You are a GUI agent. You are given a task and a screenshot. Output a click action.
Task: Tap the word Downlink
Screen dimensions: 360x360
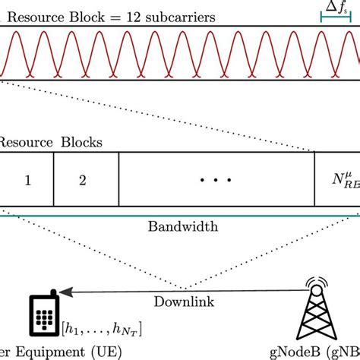pos(183,301)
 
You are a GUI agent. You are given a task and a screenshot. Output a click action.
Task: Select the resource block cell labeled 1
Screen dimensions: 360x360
pos(27,181)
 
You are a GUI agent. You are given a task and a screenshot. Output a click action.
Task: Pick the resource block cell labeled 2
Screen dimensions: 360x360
pos(84,181)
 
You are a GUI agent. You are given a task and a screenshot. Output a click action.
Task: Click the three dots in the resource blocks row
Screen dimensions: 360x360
pos(215,181)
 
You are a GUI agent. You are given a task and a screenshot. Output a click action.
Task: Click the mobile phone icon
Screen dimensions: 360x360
pos(46,314)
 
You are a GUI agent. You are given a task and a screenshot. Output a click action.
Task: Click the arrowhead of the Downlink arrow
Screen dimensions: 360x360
pos(65,291)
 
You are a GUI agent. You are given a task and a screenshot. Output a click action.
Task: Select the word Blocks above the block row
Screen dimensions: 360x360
pos(81,142)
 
